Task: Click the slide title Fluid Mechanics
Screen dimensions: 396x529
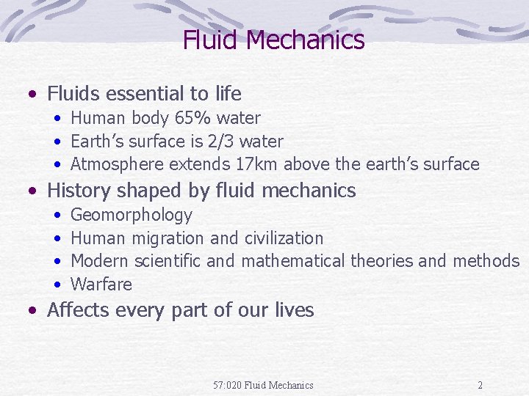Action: [x=273, y=40]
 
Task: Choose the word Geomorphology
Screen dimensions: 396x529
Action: [x=132, y=216]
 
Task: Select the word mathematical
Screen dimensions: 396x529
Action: [x=292, y=261]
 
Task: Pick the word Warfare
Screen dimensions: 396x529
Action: [x=101, y=285]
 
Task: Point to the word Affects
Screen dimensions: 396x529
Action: [x=78, y=310]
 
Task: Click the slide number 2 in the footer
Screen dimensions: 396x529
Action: [x=480, y=385]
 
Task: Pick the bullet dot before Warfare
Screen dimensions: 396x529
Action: [x=57, y=285]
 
